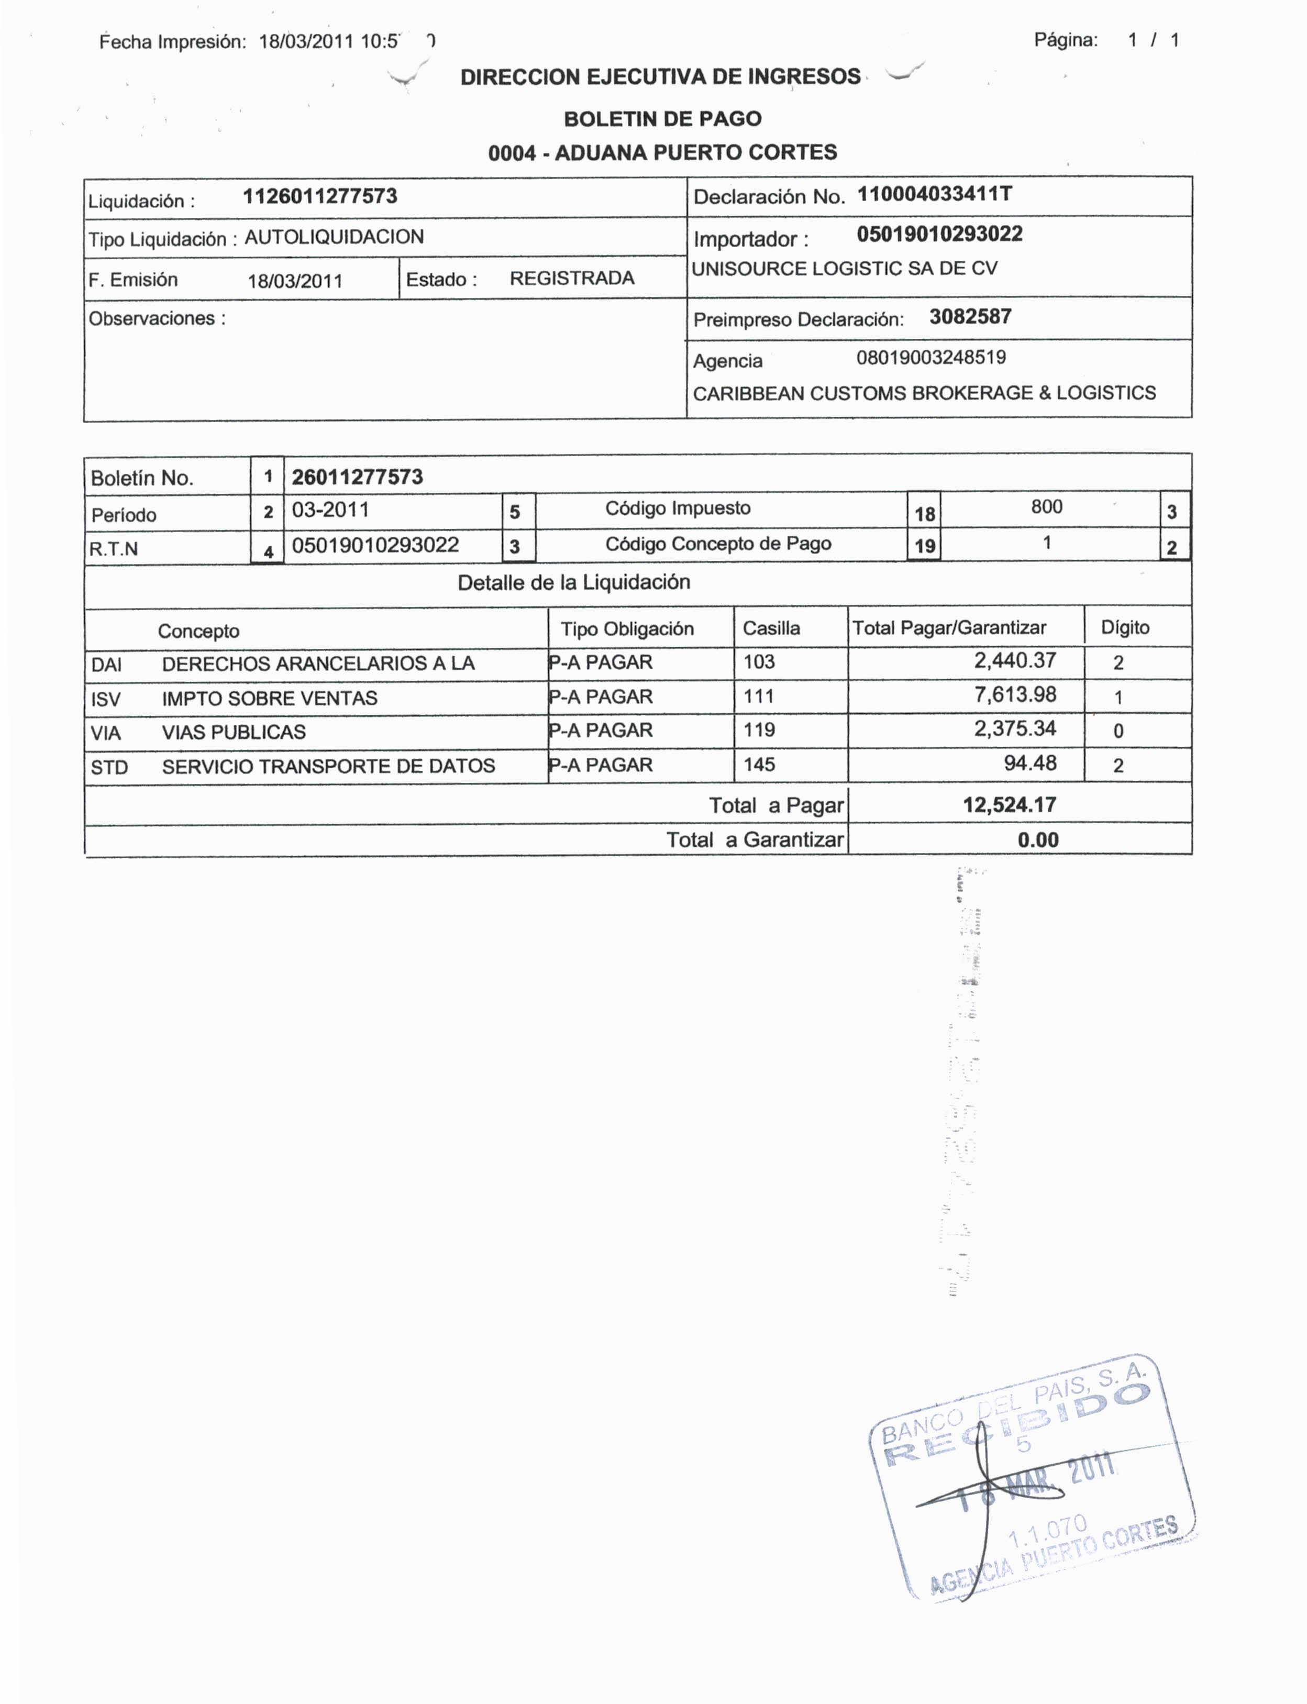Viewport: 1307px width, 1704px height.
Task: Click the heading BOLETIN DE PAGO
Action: coord(662,119)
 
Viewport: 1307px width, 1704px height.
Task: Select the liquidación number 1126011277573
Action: coord(320,196)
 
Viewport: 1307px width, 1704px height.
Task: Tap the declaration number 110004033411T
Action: coord(934,194)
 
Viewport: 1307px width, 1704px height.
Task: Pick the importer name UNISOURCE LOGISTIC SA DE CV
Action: coord(844,269)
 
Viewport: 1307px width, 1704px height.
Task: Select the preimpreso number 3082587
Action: coord(970,317)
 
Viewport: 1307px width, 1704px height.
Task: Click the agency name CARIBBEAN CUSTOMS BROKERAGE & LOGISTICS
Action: coord(924,393)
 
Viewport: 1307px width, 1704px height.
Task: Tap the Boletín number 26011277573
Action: coord(357,477)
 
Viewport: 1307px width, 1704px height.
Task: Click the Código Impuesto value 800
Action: coord(1046,506)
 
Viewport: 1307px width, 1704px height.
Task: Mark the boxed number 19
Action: coord(924,546)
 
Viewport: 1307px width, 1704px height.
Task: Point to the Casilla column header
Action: coord(771,628)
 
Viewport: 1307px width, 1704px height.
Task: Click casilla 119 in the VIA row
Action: coord(759,730)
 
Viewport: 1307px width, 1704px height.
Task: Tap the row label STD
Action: coord(109,767)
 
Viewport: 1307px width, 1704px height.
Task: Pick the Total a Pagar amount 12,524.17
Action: coord(1009,804)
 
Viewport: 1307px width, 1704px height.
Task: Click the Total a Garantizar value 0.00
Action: coord(1038,839)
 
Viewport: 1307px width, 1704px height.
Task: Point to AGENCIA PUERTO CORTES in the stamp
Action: coord(1058,1556)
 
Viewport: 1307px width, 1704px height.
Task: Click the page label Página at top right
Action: coord(1066,40)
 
